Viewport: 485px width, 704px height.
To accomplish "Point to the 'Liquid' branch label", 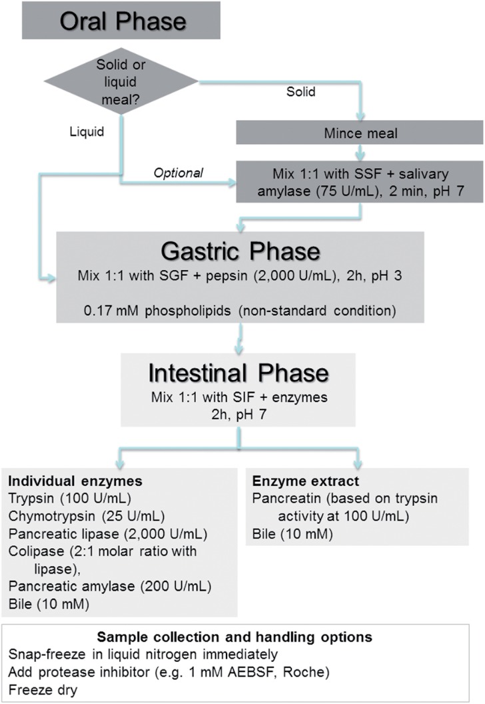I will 86,132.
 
